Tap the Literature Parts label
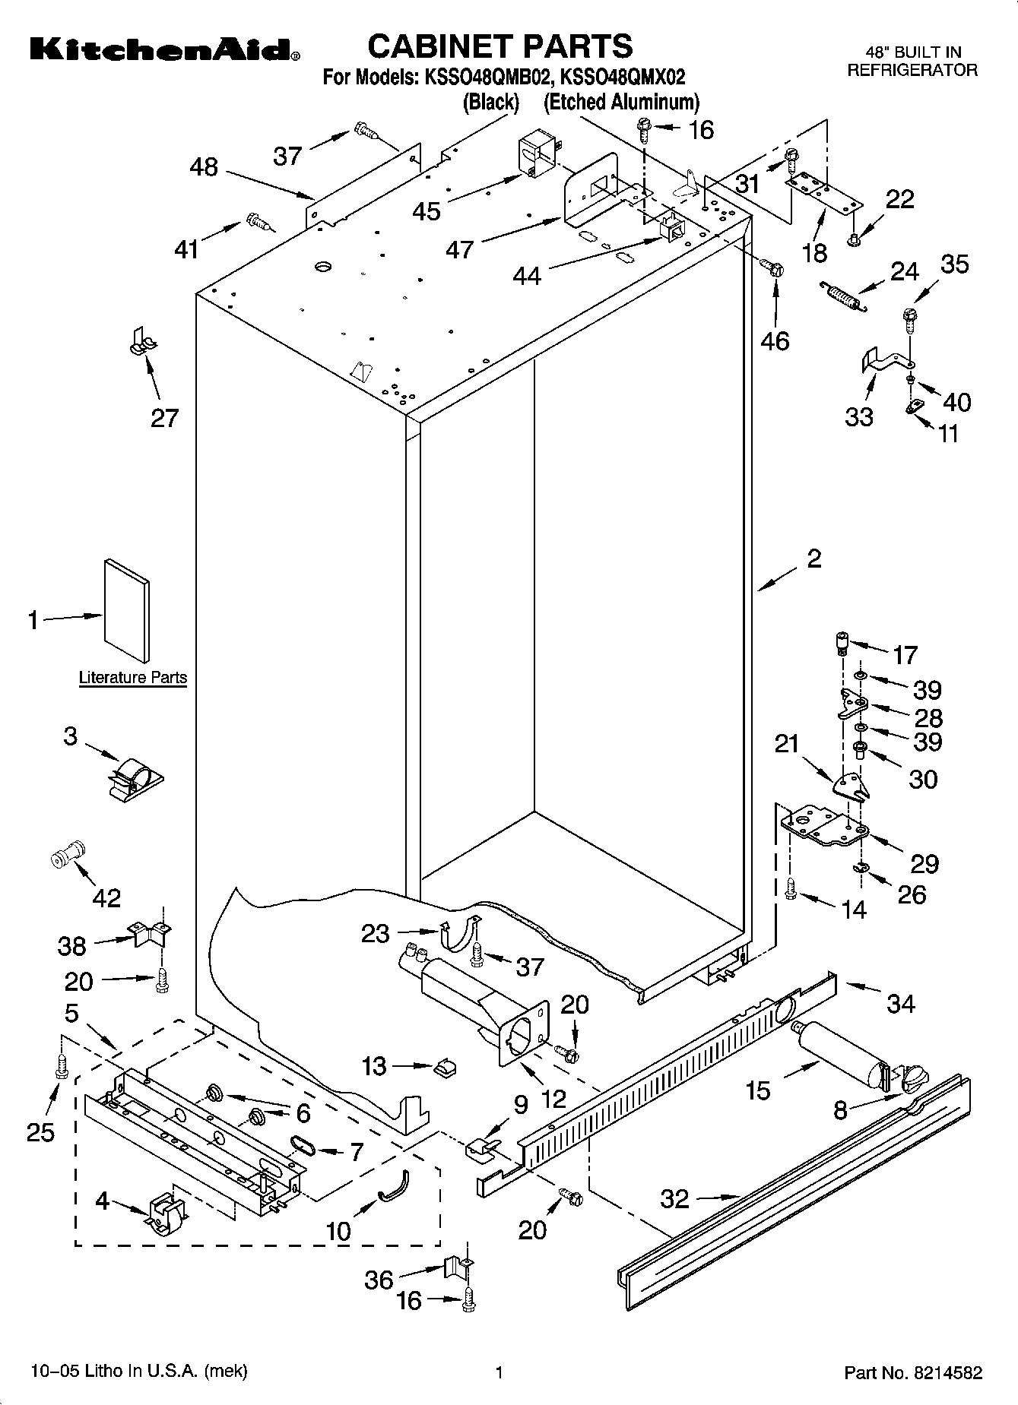tap(132, 677)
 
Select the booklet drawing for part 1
tap(126, 610)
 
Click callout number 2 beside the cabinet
tap(813, 559)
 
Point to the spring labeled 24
tap(843, 295)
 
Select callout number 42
tap(106, 897)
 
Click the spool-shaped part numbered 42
tap(66, 856)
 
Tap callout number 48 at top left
tap(204, 166)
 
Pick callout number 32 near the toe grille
tap(674, 1199)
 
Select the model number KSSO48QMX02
tap(622, 77)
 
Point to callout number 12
tap(554, 1098)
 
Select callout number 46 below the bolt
tap(775, 340)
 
